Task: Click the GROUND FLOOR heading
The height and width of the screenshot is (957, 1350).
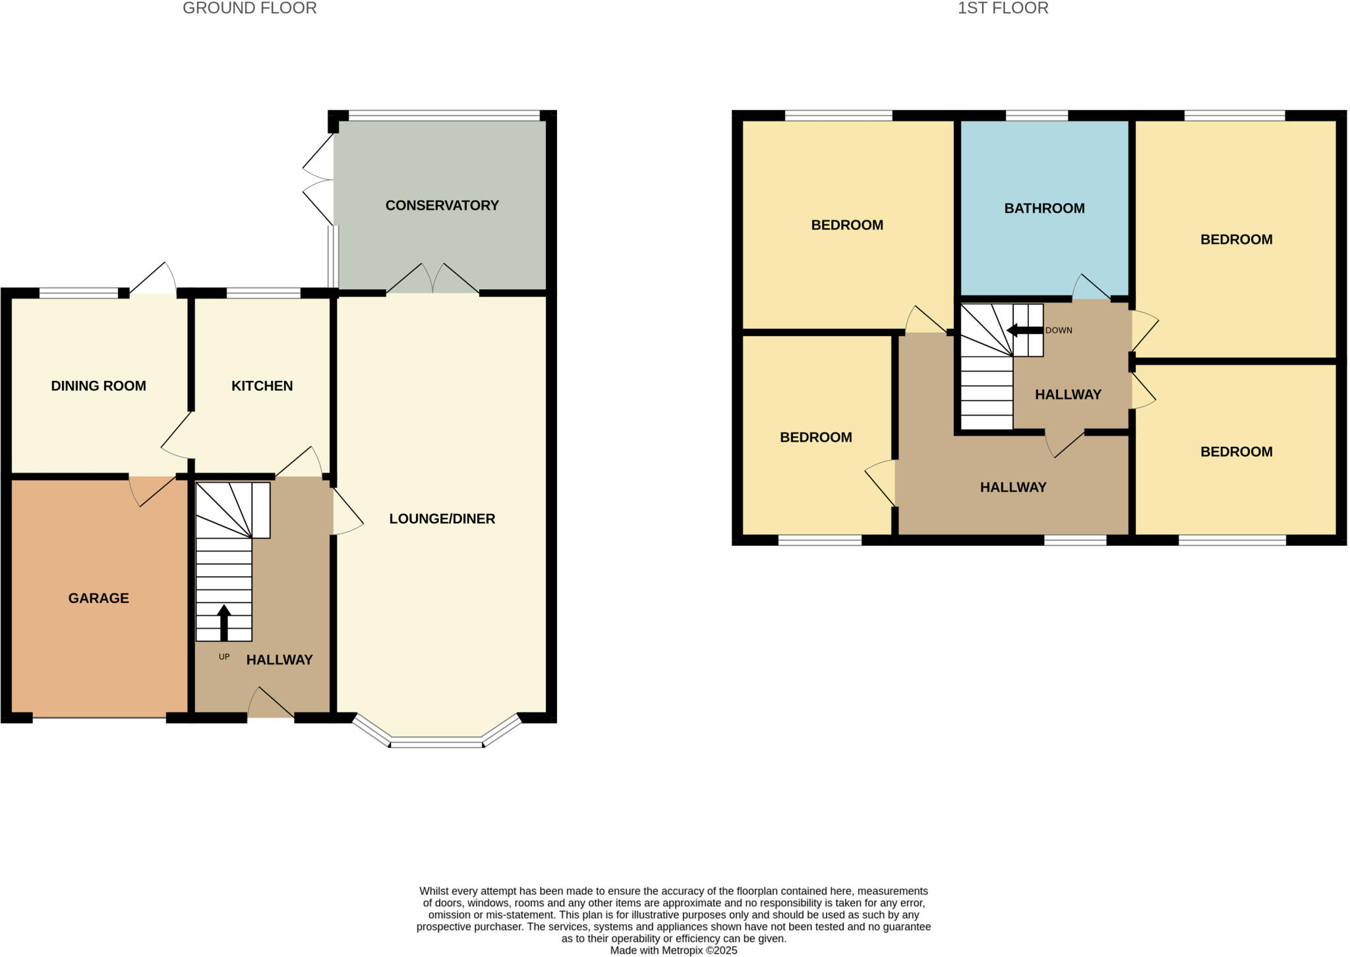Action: [249, 9]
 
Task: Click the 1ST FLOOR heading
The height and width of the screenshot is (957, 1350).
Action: [1003, 9]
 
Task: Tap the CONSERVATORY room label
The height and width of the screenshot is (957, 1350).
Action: [442, 206]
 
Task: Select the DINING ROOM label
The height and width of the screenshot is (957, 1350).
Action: [98, 386]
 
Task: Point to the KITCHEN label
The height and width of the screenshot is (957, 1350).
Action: [262, 386]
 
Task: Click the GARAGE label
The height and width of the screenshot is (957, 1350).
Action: [98, 598]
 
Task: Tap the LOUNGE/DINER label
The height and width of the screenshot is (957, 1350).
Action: [442, 519]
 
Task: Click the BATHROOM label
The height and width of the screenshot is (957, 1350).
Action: [1044, 209]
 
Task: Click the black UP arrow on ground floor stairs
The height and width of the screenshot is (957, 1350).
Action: [224, 622]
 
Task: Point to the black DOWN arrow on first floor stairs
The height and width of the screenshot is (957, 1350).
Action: [1024, 330]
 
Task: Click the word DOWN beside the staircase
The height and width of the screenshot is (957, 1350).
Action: [1059, 330]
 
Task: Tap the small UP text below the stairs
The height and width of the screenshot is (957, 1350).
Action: [224, 657]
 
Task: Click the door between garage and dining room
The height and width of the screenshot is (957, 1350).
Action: [152, 490]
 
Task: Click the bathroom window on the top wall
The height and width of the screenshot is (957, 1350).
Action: [1036, 116]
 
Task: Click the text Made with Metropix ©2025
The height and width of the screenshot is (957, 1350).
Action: [673, 950]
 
